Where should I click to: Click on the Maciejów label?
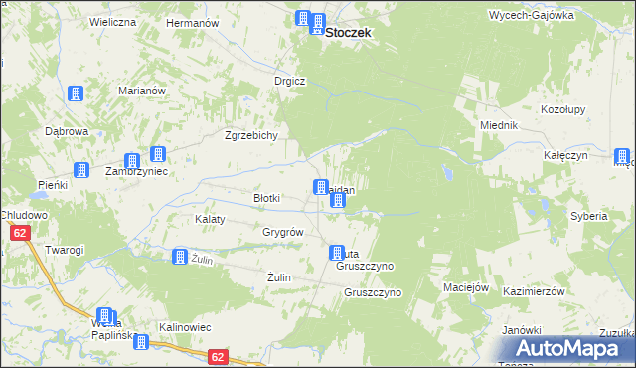(467, 287)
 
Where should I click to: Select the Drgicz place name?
(290, 81)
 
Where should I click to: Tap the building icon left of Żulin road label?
(179, 257)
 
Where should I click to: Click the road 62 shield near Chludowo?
(19, 233)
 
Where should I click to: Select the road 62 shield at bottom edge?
(220, 355)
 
